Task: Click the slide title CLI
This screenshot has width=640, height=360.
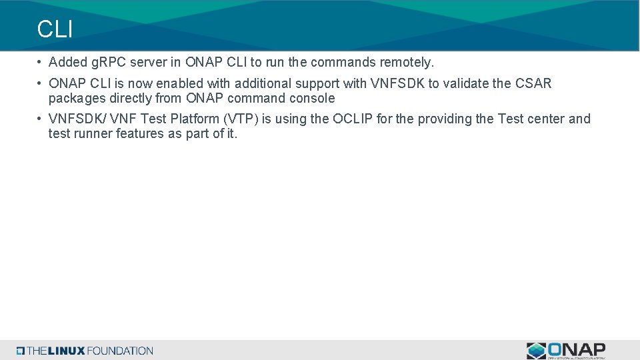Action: (x=55, y=29)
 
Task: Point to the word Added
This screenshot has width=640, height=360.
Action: (x=67, y=63)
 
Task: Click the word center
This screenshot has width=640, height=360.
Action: (x=545, y=119)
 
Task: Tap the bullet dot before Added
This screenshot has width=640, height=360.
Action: (x=41, y=63)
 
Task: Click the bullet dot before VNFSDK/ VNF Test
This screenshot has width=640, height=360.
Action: (x=41, y=119)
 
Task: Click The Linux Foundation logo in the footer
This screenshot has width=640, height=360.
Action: (x=85, y=351)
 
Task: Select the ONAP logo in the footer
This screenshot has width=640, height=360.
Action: (x=566, y=350)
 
